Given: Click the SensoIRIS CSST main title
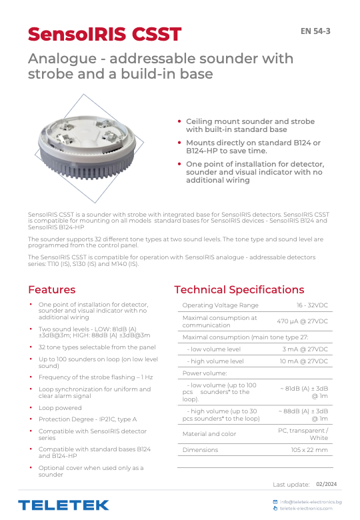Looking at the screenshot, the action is tap(105, 34).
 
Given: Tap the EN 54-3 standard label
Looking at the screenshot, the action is tap(315, 31).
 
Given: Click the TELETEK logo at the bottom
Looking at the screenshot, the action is tap(63, 505).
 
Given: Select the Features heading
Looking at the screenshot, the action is tap(51, 289).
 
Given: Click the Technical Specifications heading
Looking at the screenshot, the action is tap(239, 289).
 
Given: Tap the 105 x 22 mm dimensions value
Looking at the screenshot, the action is tap(309, 450).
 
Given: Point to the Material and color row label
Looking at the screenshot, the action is tap(209, 434).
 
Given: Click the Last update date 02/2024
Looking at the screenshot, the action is tap(326, 484).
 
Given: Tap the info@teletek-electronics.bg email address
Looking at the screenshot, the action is tap(311, 501).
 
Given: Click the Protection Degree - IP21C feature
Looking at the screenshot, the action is tap(87, 419).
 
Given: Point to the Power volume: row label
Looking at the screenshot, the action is tap(205, 373).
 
